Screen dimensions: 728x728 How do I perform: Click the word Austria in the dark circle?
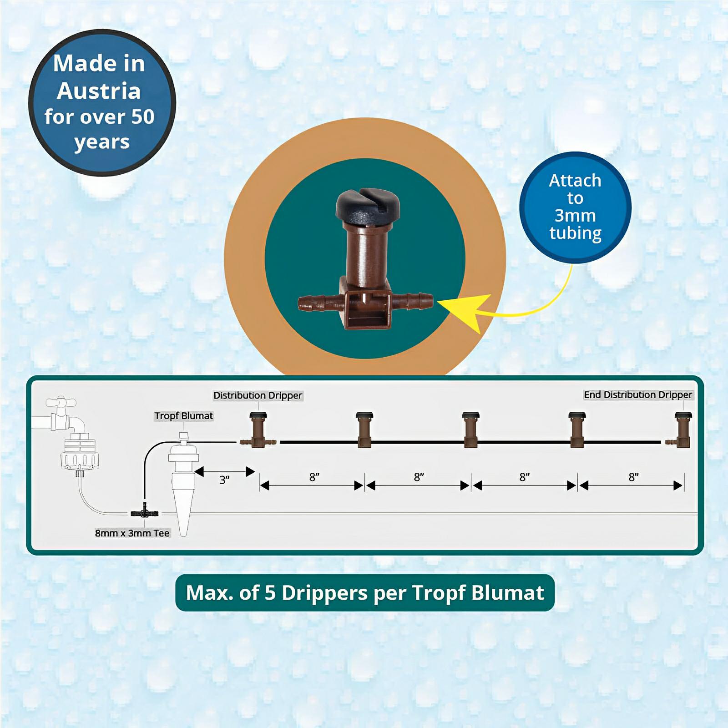(x=99, y=91)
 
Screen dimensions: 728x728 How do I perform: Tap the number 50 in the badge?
(x=142, y=117)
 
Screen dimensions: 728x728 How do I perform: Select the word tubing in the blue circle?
(x=575, y=233)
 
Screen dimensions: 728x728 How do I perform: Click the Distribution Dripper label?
(x=258, y=395)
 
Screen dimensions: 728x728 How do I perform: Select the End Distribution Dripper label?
(x=638, y=394)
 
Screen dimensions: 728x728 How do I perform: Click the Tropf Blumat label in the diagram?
(x=183, y=415)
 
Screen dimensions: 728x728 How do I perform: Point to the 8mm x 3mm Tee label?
(x=132, y=533)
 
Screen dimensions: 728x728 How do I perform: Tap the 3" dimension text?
(x=224, y=480)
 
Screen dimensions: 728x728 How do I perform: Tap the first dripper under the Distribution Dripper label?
(x=258, y=430)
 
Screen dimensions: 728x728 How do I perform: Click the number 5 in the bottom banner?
(x=270, y=592)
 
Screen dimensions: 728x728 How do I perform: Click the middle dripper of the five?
(x=470, y=430)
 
